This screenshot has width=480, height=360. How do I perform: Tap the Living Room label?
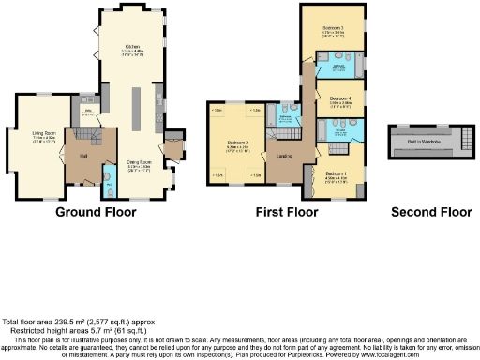pos(39,136)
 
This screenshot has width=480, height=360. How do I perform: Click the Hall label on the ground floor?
pos(82,155)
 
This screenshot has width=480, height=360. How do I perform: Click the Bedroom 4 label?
pos(339,97)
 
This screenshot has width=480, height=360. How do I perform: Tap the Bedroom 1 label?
pos(337,173)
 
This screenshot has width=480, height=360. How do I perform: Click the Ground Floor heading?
pos(96,212)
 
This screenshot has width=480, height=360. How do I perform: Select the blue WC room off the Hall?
pos(108,187)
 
